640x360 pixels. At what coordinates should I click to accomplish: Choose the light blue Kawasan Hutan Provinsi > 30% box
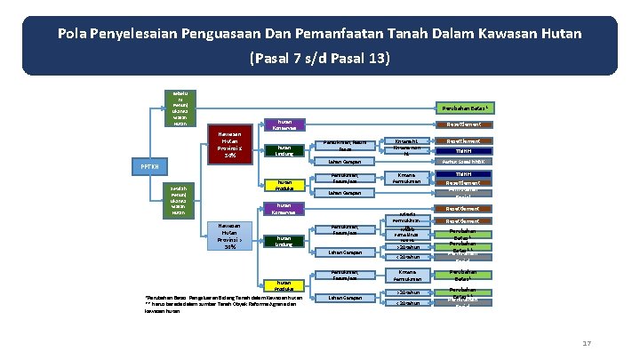tap(230, 236)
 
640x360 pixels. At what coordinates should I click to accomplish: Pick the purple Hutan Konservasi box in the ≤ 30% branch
tap(284, 124)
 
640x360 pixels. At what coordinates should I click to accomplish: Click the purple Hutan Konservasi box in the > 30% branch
tap(284, 210)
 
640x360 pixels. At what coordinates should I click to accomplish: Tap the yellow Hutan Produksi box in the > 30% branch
tap(284, 285)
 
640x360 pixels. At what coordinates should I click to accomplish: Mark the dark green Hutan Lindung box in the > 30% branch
tap(284, 241)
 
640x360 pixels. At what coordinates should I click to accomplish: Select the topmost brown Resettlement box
tap(463, 124)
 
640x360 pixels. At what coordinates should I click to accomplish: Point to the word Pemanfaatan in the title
tap(375, 34)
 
